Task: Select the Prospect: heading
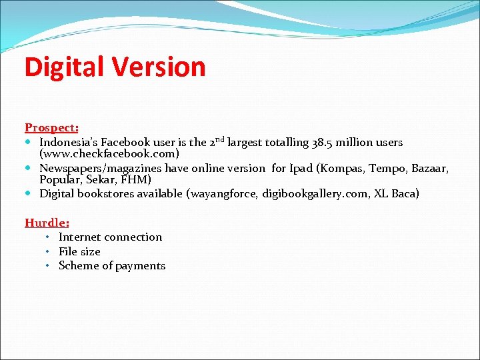(x=51, y=127)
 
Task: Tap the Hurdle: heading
(x=47, y=223)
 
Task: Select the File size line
(x=79, y=251)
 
